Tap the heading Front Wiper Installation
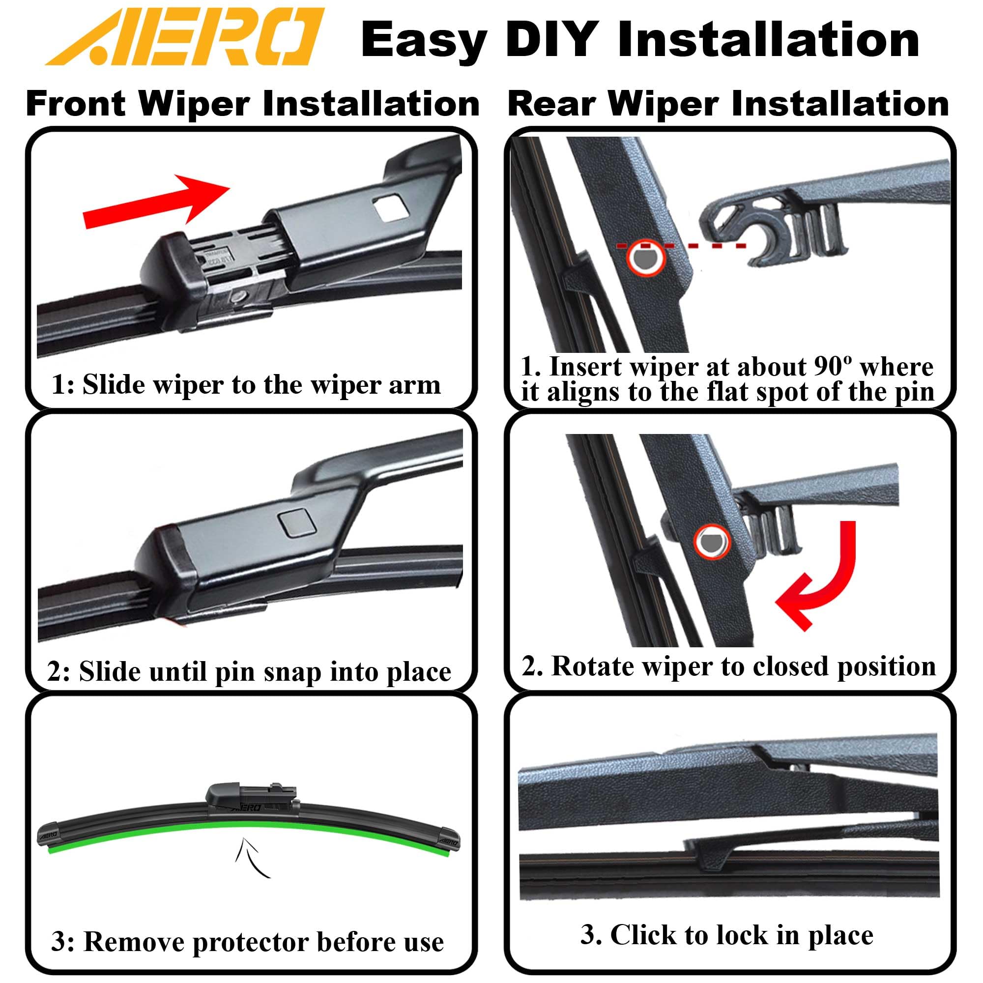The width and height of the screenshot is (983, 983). [x=253, y=104]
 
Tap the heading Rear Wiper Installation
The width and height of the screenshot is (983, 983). [x=728, y=104]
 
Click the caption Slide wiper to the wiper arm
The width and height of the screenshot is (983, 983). [x=246, y=384]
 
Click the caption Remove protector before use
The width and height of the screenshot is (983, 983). [x=248, y=941]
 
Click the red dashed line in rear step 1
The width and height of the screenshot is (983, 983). [x=712, y=246]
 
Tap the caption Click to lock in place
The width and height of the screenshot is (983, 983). [x=727, y=935]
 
